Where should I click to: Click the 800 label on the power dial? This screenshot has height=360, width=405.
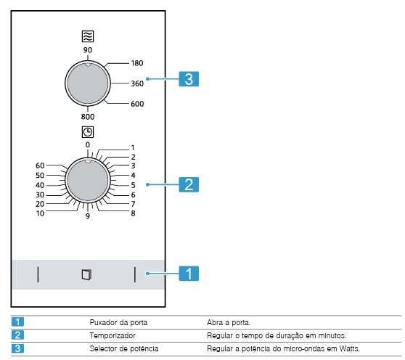pos(87,116)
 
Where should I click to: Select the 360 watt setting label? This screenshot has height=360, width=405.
pos(138,83)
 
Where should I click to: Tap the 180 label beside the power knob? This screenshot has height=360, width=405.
pos(138,64)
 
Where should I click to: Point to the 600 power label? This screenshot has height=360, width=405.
pos(138,104)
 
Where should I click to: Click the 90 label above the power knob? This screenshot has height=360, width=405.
pos(87,50)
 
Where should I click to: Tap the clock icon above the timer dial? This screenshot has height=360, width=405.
pos(87,132)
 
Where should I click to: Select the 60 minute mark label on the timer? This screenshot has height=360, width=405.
pos(40,165)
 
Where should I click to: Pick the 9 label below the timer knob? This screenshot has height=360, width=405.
pos(87,217)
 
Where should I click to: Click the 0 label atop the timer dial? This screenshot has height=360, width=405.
pos(87,144)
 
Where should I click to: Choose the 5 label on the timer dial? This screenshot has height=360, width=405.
pos(134,184)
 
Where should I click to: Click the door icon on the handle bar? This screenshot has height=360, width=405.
pos(87,274)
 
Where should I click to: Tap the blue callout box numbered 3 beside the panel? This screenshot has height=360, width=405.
pos(188,79)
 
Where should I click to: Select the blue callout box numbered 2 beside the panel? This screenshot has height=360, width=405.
pos(188,184)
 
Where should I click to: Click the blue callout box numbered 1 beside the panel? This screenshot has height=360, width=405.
pos(188,274)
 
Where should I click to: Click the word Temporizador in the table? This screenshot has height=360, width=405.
pos(112,335)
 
